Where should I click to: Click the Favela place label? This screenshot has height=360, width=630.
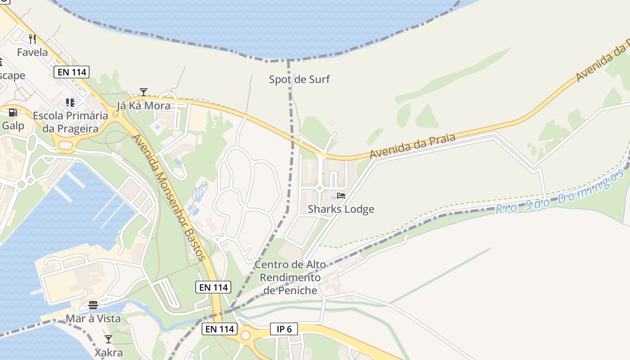pos(32,52)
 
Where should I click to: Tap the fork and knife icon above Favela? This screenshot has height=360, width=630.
pos(32,39)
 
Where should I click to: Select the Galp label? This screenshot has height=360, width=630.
pos(13,125)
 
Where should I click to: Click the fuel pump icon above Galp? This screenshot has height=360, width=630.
pos(13,112)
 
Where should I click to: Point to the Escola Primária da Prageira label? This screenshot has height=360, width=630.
pos(70,122)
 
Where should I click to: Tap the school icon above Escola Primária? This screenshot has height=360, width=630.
pos(70,103)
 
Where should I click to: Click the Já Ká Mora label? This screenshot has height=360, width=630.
pos(144,106)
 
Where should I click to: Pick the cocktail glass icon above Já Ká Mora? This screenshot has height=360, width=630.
pos(144,92)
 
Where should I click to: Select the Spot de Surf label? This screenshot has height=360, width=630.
pos(299,80)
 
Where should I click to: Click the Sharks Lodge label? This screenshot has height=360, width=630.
pos(341,209)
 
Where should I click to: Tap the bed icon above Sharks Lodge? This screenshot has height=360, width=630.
pos(341,196)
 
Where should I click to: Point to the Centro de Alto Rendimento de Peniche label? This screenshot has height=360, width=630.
pos(290,277)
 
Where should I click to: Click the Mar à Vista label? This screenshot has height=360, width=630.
pos(93,319)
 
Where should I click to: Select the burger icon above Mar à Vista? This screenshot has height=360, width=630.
pos(93,305)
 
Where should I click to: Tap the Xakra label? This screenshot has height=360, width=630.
pos(108,352)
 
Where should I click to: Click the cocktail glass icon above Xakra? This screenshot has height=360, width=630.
pos(108,339)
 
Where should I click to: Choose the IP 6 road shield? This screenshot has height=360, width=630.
pos(284,329)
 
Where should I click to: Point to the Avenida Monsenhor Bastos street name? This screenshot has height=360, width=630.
pos(169,197)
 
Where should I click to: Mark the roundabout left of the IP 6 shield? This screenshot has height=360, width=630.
pos(245,335)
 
